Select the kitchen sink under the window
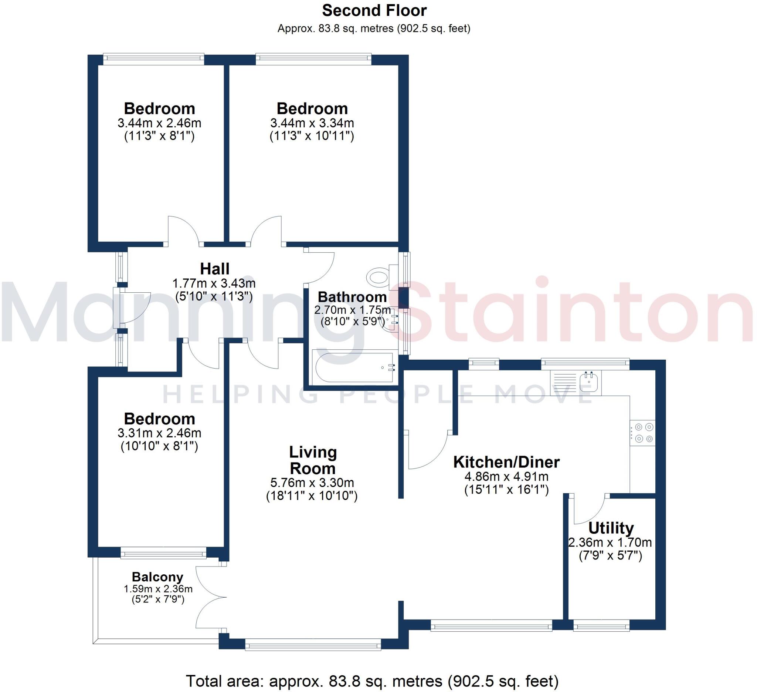(x=588, y=382)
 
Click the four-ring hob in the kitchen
(x=642, y=433)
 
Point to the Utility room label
(x=611, y=528)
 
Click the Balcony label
(x=157, y=577)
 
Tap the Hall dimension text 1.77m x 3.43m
(x=214, y=283)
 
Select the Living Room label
(x=312, y=460)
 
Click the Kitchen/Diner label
(x=506, y=462)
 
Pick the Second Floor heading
(x=374, y=10)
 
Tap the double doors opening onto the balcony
(x=210, y=597)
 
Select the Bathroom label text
(x=352, y=297)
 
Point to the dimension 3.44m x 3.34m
(x=312, y=123)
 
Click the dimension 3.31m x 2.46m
(x=159, y=433)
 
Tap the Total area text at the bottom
(x=372, y=681)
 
